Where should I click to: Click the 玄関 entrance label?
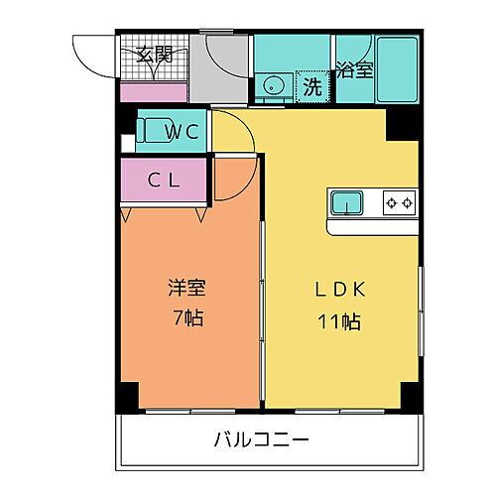(x=154, y=55)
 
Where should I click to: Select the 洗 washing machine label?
(x=312, y=87)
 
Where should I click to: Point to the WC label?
(x=183, y=130)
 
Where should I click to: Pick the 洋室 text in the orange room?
(x=186, y=290)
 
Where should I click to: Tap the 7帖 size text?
(x=186, y=320)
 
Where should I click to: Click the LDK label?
(x=341, y=290)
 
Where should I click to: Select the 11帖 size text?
(x=341, y=320)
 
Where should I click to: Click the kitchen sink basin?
(x=346, y=202)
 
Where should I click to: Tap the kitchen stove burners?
(x=399, y=202)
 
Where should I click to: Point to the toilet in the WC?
(x=157, y=130)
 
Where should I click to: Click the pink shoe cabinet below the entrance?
(x=154, y=91)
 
